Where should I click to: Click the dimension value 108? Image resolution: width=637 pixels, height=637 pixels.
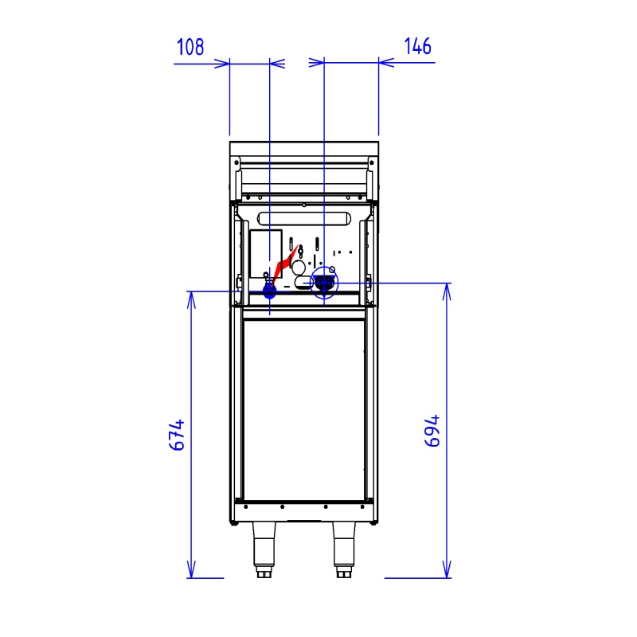click(190, 47)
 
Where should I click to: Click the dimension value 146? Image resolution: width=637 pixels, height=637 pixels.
click(417, 46)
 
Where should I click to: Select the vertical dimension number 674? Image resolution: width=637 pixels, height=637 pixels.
click(177, 435)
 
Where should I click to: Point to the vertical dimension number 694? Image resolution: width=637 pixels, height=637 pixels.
click(432, 431)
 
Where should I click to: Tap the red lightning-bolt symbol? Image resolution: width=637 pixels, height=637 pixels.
click(286, 265)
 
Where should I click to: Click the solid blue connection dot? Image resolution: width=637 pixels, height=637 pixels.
click(269, 291)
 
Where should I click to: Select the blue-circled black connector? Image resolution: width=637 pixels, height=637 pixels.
click(324, 283)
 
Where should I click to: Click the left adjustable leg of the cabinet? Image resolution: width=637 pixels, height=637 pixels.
click(264, 549)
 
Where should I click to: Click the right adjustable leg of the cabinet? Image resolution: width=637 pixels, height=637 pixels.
click(344, 549)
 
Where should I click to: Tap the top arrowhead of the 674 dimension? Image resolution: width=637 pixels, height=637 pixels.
click(191, 300)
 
